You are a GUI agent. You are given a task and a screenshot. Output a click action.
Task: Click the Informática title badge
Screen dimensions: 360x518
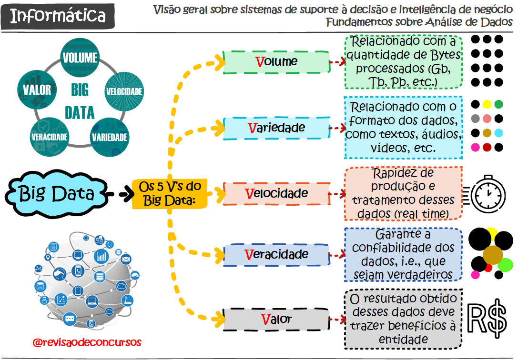click(x=58, y=16)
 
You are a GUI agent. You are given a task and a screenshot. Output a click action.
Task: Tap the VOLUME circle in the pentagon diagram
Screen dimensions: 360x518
click(x=80, y=58)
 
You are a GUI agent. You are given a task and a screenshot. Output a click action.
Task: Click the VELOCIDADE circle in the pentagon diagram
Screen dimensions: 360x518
click(x=124, y=90)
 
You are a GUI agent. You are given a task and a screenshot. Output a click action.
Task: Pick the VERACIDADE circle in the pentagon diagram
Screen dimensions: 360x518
click(x=49, y=137)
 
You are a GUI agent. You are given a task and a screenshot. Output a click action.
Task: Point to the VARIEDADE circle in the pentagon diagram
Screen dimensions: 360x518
click(x=110, y=137)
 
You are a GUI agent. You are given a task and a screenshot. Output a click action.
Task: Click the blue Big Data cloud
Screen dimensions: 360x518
click(x=56, y=194)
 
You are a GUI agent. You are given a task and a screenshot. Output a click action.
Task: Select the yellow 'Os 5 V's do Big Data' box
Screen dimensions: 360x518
click(x=170, y=193)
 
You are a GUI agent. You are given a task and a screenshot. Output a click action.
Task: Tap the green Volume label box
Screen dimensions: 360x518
click(x=276, y=62)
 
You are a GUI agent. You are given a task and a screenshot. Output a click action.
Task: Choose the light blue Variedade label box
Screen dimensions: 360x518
click(x=276, y=128)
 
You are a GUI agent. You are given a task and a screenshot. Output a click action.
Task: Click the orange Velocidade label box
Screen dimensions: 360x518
click(x=276, y=194)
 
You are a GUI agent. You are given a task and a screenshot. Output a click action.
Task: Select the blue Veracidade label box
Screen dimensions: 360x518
click(x=276, y=254)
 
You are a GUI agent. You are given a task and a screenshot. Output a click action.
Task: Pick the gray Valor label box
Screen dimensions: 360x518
click(x=276, y=319)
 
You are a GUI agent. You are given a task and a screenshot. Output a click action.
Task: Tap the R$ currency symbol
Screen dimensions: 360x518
click(x=487, y=318)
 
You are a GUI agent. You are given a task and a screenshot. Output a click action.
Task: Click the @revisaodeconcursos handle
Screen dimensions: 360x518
click(x=87, y=342)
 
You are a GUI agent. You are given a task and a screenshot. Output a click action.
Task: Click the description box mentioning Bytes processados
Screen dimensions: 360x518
click(x=403, y=62)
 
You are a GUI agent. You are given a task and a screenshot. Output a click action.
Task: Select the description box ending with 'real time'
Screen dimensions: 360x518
click(x=403, y=193)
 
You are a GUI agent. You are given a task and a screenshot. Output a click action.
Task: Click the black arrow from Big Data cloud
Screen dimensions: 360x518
click(x=119, y=194)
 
